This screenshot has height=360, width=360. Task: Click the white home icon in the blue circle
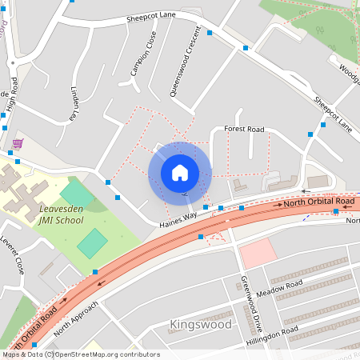(x=180, y=172)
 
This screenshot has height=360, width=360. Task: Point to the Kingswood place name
(x=201, y=325)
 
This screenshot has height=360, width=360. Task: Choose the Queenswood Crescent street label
(x=181, y=70)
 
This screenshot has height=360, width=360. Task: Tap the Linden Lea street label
(x=77, y=102)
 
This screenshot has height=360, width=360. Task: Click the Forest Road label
(x=244, y=129)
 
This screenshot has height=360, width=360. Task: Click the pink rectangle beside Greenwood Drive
(x=258, y=254)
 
